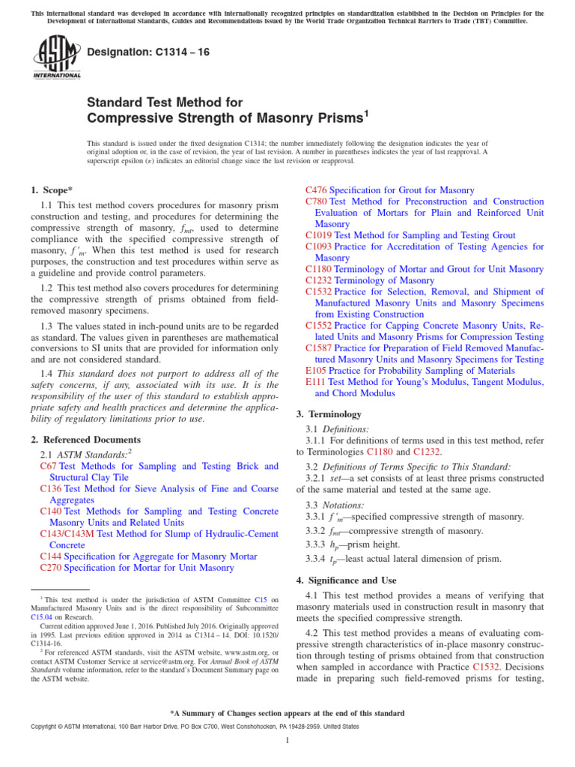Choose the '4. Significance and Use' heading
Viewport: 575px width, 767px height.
350,580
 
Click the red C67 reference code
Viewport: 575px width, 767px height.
48,467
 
